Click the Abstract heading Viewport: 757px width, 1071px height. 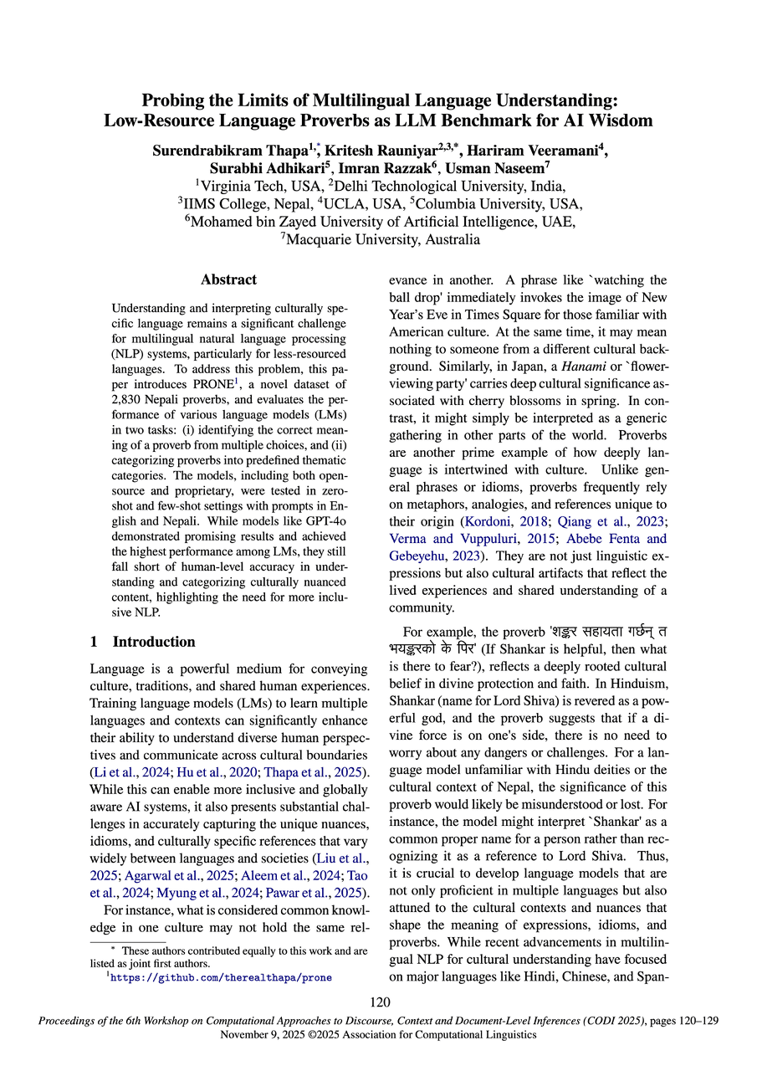tap(228, 279)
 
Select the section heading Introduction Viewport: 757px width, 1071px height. tap(154, 642)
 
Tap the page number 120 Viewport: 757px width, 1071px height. tap(378, 1002)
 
